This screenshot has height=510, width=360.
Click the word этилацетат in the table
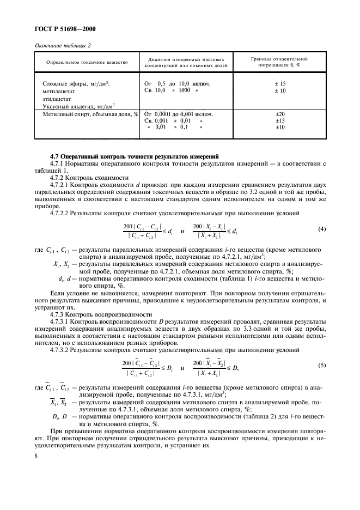coord(57,99)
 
